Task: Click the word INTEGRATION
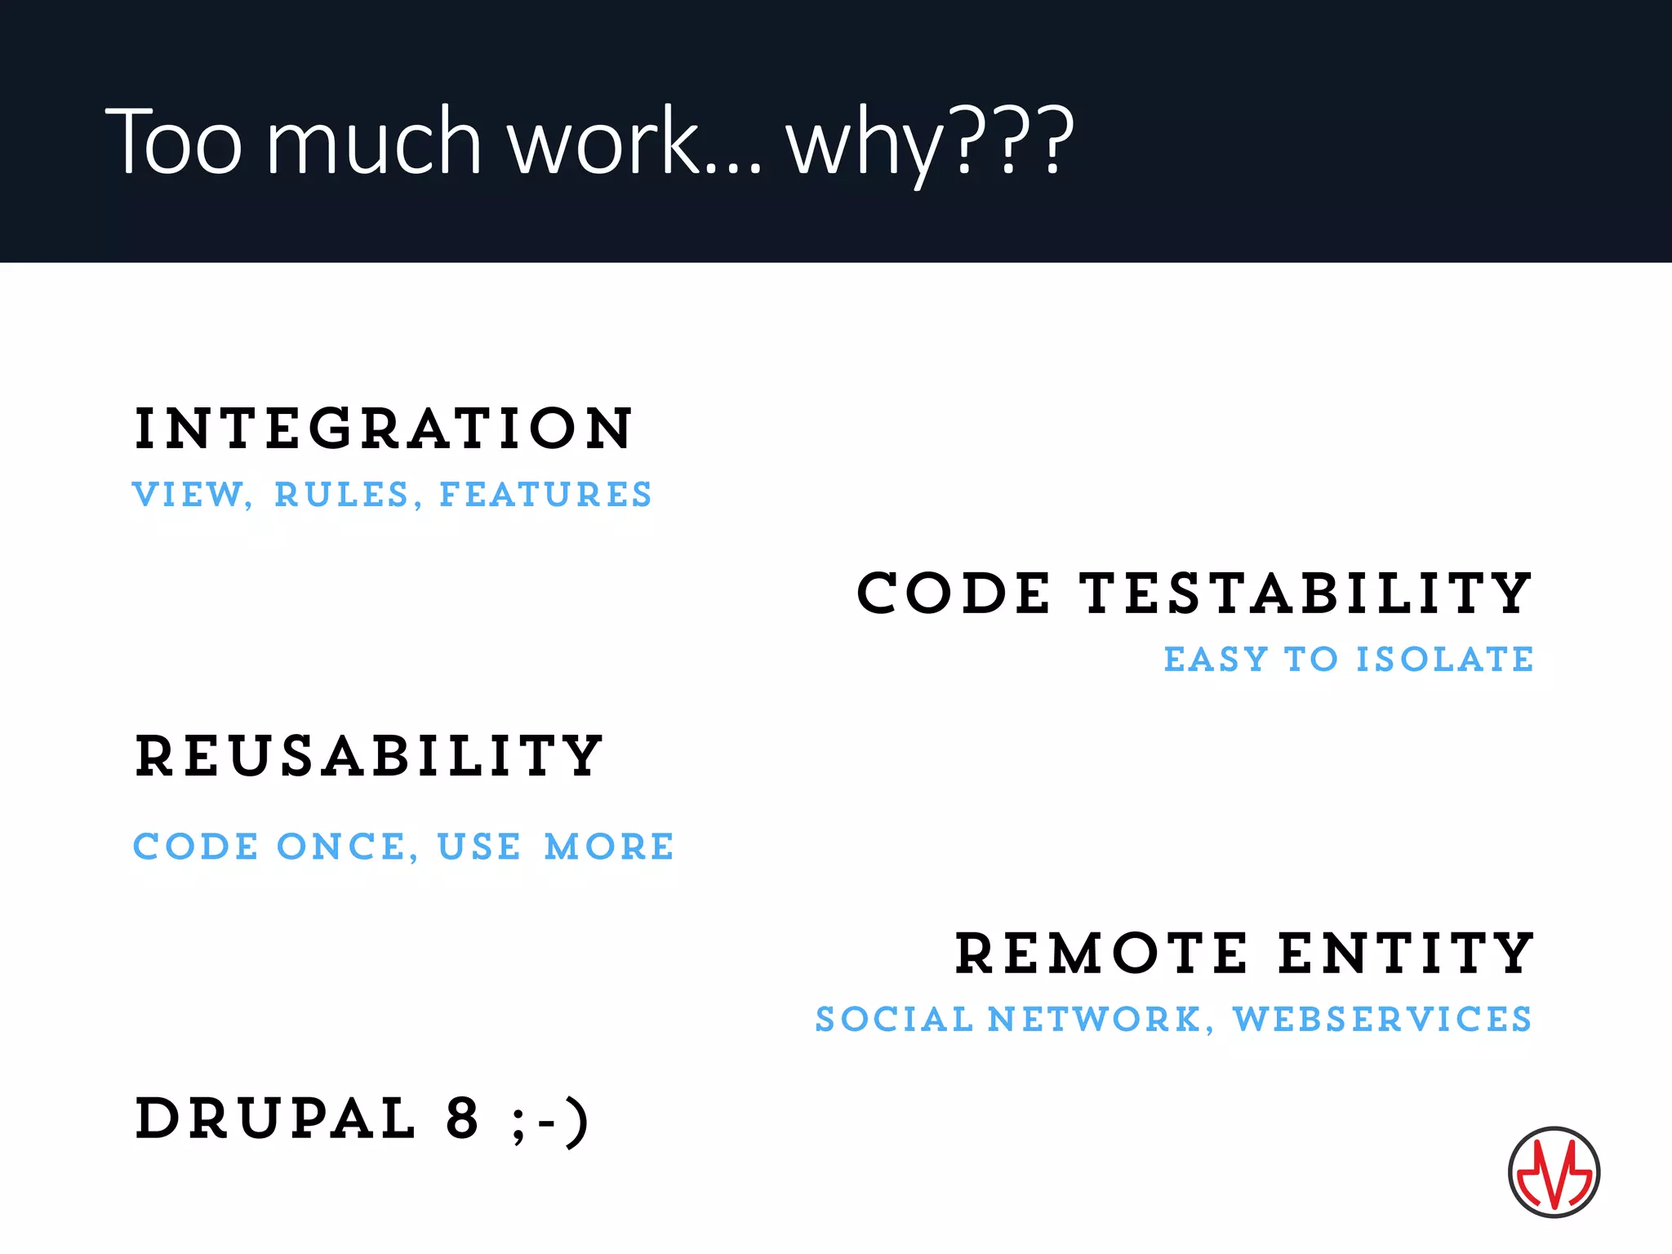point(383,429)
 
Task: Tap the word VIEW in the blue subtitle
point(190,495)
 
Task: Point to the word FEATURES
point(545,495)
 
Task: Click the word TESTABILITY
point(1306,594)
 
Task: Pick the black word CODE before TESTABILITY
point(954,594)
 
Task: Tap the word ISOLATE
point(1444,660)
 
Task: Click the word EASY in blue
point(1216,660)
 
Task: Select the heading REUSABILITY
point(369,756)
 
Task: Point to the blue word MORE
point(609,847)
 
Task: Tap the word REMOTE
point(1101,954)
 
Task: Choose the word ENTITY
point(1406,954)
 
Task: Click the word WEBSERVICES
point(1382,1020)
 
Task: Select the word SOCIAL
point(895,1020)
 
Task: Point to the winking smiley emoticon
point(549,1121)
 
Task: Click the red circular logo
point(1554,1172)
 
